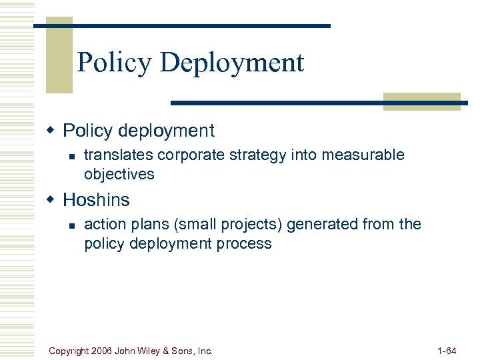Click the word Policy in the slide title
(x=114, y=63)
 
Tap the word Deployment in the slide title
(x=232, y=63)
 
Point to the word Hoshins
(x=96, y=199)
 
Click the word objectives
(x=119, y=174)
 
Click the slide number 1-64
(x=446, y=350)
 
